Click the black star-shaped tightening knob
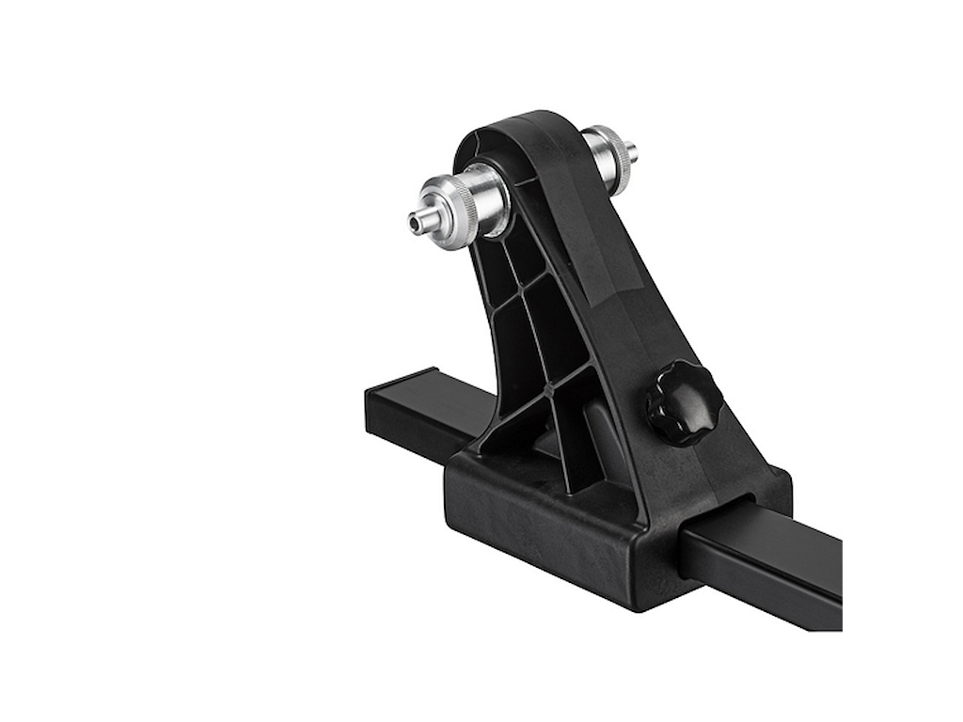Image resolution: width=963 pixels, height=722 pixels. point(684,402)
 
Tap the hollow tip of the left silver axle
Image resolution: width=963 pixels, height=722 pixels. point(415,224)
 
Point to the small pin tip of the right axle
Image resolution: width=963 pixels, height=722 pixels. point(631,150)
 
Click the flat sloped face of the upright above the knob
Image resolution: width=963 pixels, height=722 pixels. point(602,282)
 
